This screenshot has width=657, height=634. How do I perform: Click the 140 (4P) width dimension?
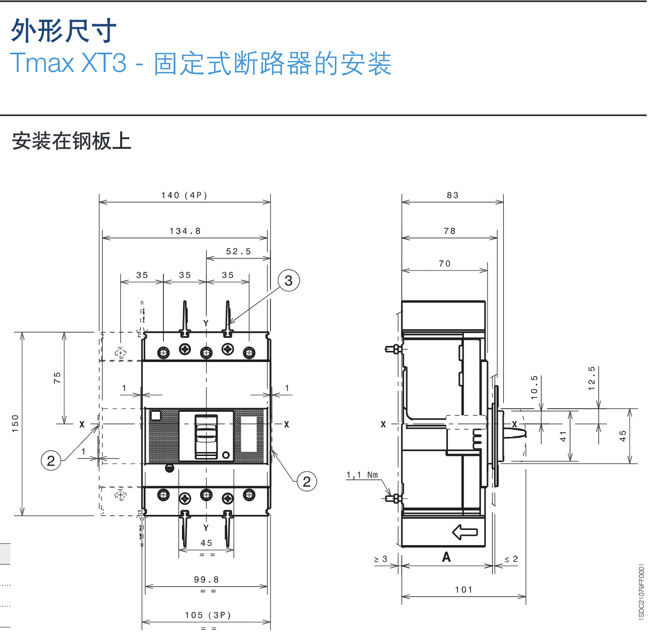[184, 195]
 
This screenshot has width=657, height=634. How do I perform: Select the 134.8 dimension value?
[185, 231]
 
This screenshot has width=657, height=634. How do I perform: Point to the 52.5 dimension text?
[238, 251]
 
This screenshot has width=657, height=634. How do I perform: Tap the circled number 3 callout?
[289, 281]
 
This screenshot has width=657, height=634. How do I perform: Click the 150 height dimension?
[15, 423]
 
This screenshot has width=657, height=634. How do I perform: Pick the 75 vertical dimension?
[57, 378]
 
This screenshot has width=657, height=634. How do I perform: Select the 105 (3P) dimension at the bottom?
[208, 615]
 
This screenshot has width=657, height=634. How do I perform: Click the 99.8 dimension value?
[206, 580]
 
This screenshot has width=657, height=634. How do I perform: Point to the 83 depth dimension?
[452, 195]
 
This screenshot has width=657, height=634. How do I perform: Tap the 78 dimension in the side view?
[449, 231]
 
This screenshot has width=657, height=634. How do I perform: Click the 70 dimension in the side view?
[444, 263]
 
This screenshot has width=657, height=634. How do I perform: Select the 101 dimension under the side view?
[463, 590]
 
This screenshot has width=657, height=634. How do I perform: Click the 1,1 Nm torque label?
[362, 475]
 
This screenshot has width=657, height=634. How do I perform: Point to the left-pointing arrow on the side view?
[465, 532]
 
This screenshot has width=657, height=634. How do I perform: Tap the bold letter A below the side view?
[446, 557]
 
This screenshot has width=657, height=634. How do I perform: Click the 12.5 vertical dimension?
[592, 378]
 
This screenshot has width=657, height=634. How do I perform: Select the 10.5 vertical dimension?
[534, 387]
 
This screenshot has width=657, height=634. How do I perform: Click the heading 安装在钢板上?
[71, 141]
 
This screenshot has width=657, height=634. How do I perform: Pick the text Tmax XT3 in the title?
[68, 63]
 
